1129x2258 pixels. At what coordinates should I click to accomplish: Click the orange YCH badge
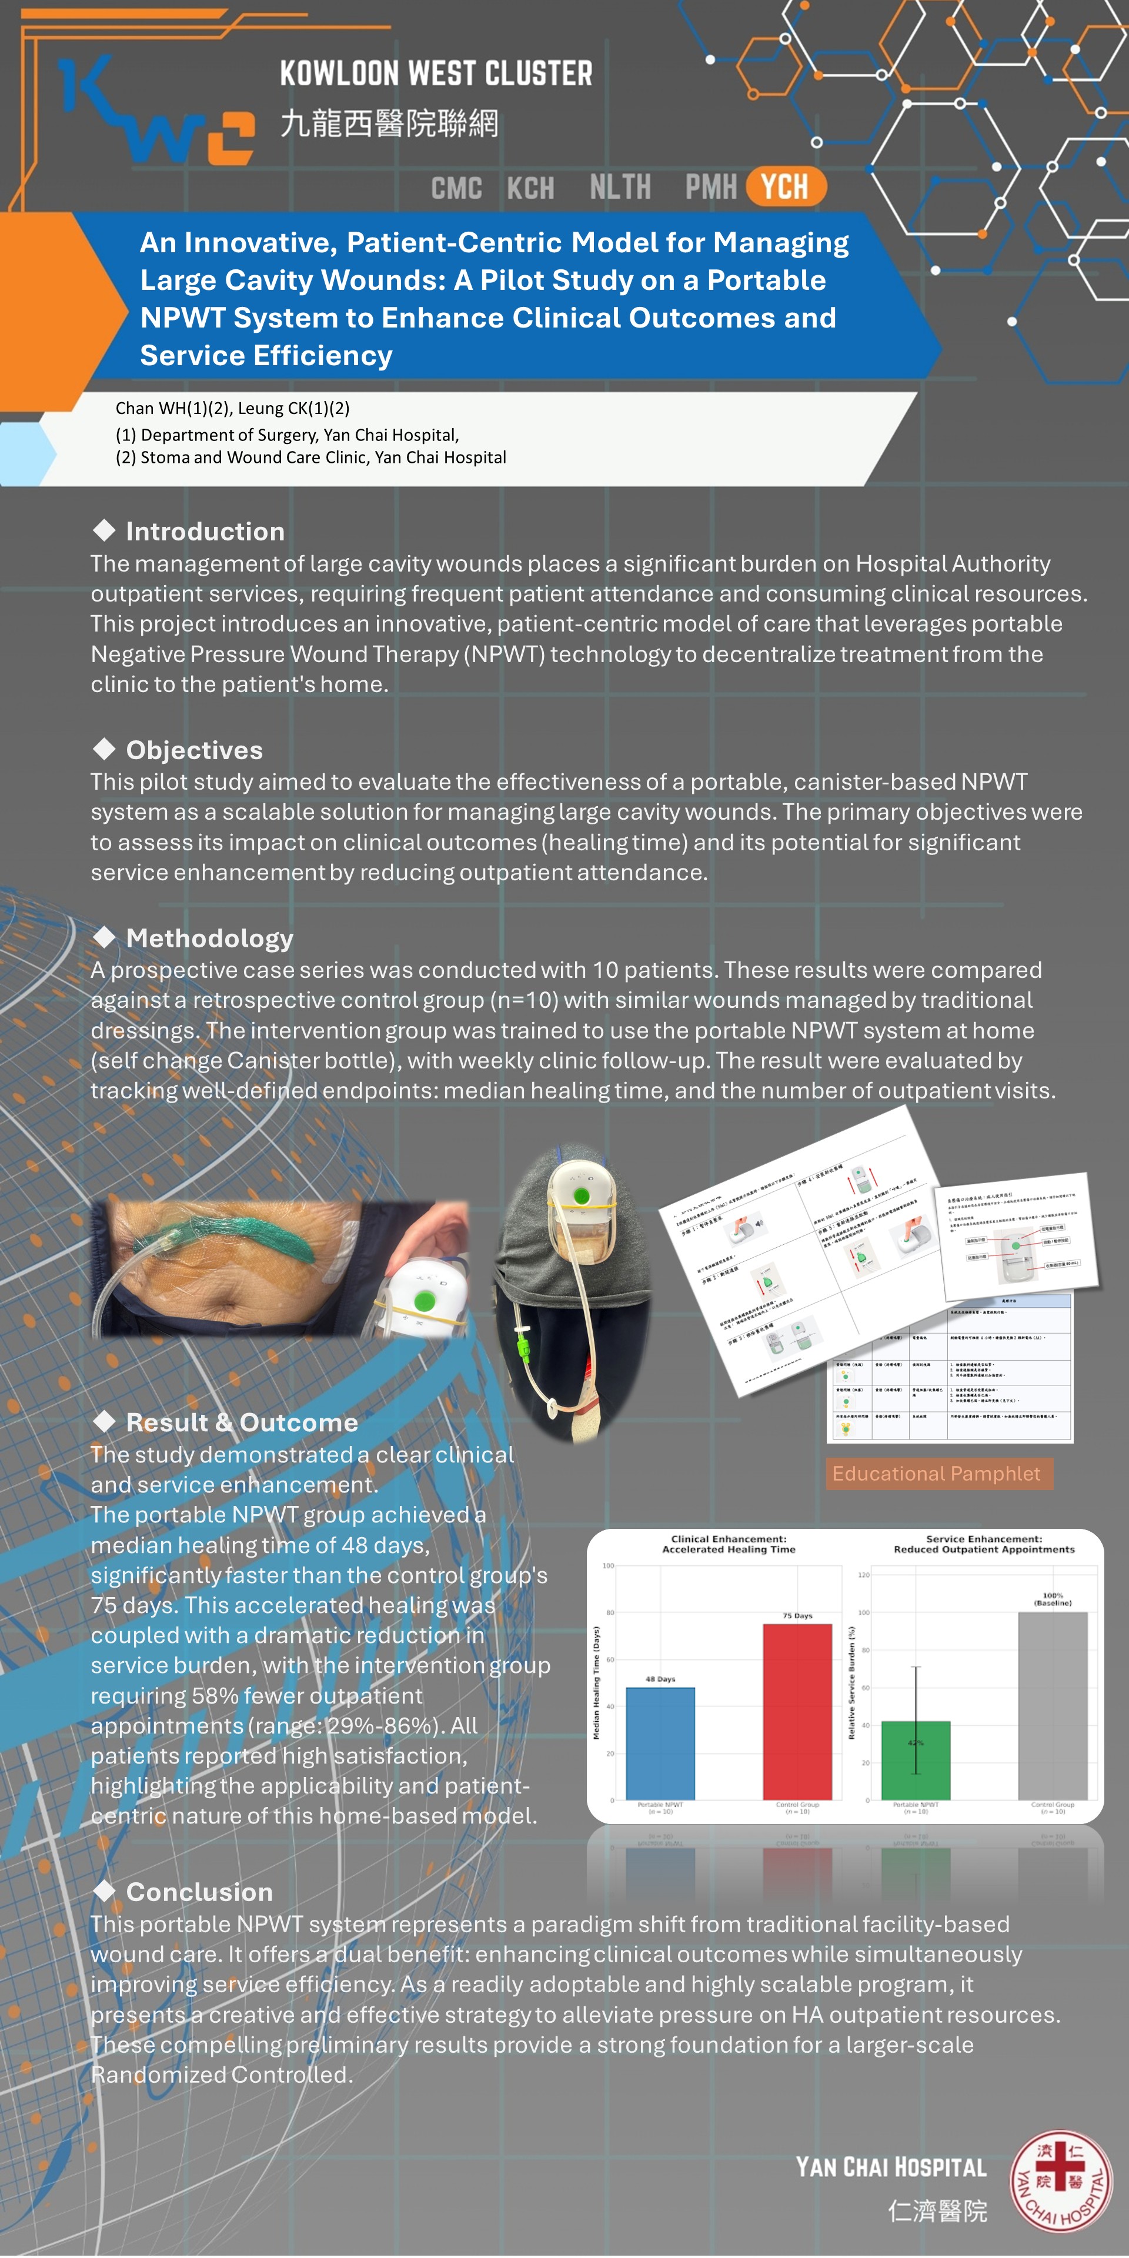(786, 187)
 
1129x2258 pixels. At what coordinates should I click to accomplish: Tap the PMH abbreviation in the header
(711, 187)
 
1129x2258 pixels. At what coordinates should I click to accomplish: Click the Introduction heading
(205, 531)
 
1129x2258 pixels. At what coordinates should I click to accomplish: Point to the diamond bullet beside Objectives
(104, 749)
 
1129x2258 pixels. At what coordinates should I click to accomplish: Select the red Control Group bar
(797, 1711)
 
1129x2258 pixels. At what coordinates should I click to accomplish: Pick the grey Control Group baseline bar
(1052, 1705)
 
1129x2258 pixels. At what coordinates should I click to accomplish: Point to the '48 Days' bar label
(660, 1679)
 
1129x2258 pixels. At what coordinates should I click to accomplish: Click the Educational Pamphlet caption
(936, 1474)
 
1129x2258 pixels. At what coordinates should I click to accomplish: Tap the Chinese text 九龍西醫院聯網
(389, 123)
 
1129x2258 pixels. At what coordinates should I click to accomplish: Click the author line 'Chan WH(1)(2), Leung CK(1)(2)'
(232, 407)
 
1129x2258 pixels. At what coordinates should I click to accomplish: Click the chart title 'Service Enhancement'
(984, 1538)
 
